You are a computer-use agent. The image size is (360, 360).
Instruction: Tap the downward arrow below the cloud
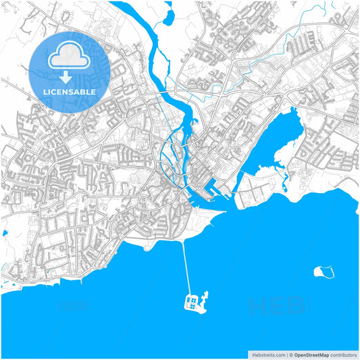(x=70, y=76)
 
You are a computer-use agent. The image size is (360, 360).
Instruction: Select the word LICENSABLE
(x=70, y=91)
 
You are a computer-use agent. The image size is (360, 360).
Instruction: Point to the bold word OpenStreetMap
(x=311, y=354)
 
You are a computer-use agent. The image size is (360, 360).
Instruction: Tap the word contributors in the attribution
(x=344, y=354)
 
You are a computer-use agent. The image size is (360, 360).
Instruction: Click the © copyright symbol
(x=290, y=354)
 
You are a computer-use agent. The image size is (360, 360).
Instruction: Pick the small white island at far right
(x=324, y=272)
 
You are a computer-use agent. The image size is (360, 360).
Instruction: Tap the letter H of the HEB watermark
(x=259, y=307)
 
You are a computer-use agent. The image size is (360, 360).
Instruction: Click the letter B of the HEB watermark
(x=295, y=307)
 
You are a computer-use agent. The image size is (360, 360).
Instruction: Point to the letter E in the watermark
(x=277, y=307)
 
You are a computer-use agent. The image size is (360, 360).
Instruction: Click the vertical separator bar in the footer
(x=286, y=354)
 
